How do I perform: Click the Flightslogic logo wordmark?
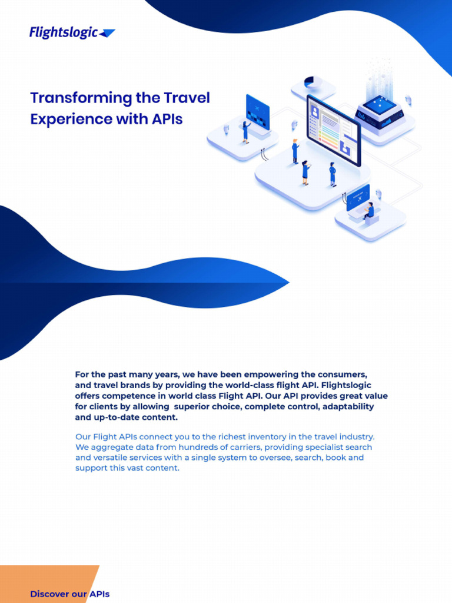(x=64, y=32)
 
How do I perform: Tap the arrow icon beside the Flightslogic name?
(x=107, y=34)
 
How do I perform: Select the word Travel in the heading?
(x=187, y=98)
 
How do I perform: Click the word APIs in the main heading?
(x=167, y=119)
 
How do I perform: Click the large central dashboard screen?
(x=333, y=130)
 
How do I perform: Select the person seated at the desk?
(x=370, y=211)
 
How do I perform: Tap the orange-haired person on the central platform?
(x=295, y=151)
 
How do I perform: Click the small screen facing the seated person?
(x=358, y=198)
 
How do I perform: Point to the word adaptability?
(x=346, y=407)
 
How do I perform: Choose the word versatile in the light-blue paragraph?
(x=114, y=458)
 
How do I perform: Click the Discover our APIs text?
(x=69, y=594)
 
